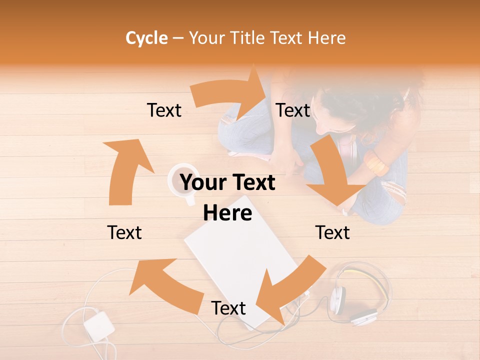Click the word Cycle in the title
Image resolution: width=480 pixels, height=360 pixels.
146,38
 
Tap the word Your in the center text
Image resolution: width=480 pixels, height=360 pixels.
203,183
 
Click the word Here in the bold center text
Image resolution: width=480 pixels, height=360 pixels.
227,213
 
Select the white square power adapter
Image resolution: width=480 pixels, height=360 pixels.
99,325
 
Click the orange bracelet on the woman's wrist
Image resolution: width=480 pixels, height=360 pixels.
376,163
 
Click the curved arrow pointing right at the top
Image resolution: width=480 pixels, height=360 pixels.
230,95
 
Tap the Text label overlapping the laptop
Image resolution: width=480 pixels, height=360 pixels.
228,308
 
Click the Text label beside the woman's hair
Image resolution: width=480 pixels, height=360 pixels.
293,110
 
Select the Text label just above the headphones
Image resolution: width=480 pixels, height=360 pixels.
332,232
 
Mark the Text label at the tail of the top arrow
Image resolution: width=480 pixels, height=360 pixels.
164,110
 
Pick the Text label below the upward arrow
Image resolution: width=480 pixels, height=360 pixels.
124,232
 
